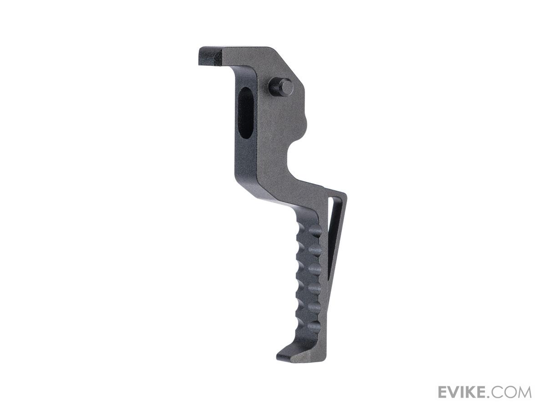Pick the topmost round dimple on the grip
(x=315, y=232)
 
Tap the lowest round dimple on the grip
(x=313, y=325)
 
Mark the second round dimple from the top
(x=315, y=251)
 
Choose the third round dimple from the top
(x=315, y=269)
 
